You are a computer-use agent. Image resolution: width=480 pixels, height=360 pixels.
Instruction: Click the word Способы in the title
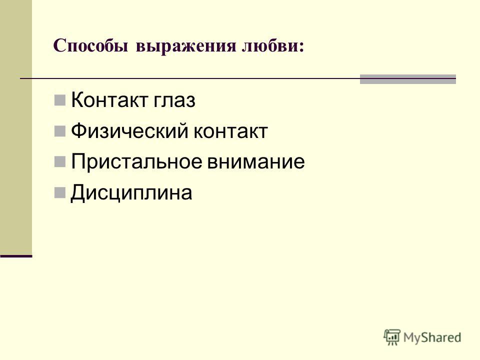pyautogui.click(x=90, y=46)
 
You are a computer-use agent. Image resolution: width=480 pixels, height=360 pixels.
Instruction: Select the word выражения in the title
pyautogui.click(x=186, y=46)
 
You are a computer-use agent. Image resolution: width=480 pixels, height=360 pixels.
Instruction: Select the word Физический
pyautogui.click(x=129, y=131)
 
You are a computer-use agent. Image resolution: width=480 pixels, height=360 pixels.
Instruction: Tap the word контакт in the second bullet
pyautogui.click(x=231, y=131)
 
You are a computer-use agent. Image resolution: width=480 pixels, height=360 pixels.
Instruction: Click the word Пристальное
pyautogui.click(x=136, y=161)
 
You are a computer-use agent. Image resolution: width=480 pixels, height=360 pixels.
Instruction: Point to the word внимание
pyautogui.click(x=256, y=162)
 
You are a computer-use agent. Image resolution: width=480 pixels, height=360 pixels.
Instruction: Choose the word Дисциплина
pyautogui.click(x=131, y=193)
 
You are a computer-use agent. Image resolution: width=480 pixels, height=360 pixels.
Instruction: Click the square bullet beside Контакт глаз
pyautogui.click(x=59, y=100)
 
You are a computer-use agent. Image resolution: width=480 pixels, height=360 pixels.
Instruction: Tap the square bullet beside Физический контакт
pyautogui.click(x=59, y=131)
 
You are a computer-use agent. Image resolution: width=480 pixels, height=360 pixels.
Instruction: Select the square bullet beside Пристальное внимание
pyautogui.click(x=59, y=161)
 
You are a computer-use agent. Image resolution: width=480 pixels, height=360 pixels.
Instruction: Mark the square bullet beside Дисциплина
pyautogui.click(x=59, y=192)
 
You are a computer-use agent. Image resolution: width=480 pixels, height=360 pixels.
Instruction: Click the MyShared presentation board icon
pyautogui.click(x=392, y=337)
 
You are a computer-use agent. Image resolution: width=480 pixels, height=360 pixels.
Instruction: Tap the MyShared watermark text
pyautogui.click(x=432, y=337)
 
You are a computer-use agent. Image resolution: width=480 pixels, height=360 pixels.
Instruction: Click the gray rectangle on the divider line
pyautogui.click(x=408, y=79)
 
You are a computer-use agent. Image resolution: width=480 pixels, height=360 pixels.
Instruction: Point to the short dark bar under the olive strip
pyautogui.click(x=16, y=256)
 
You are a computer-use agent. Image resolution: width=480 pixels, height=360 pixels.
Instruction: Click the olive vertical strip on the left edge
pyautogui.click(x=16, y=127)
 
